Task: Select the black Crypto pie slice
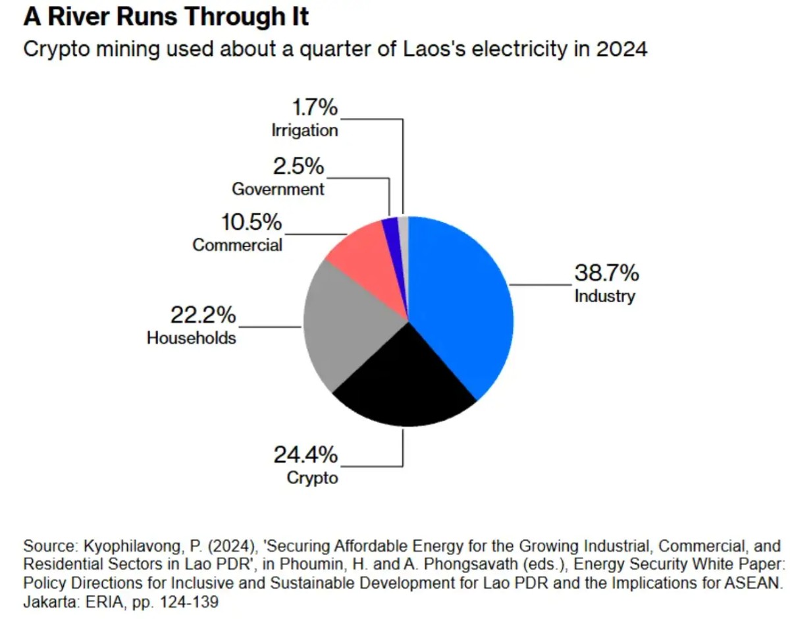(402, 382)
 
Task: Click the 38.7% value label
(606, 273)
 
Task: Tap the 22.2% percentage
(203, 315)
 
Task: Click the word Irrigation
(305, 130)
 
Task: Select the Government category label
(278, 190)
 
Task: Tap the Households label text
(191, 338)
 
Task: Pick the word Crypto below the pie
(312, 477)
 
